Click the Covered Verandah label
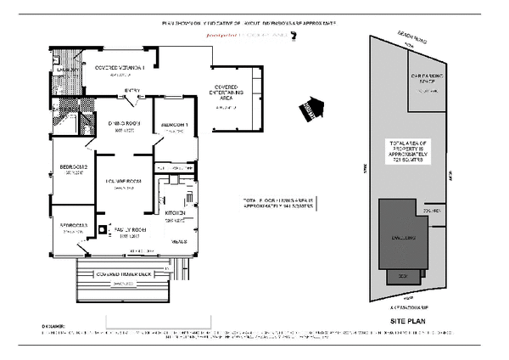pos(121,66)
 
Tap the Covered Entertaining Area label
pos(230,93)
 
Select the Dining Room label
pos(123,124)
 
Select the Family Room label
pos(128,230)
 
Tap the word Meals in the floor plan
pos(179,242)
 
